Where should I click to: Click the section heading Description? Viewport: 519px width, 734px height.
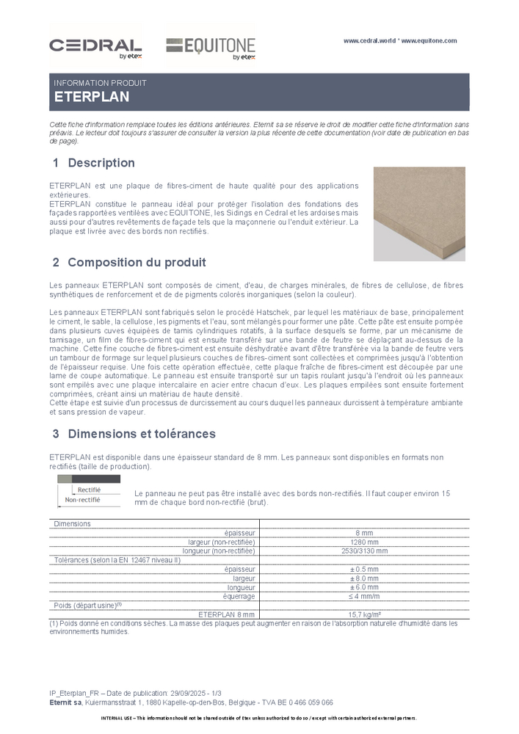point(101,162)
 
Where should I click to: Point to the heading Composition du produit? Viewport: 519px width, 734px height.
point(137,262)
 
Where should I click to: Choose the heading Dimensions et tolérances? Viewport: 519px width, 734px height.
point(142,433)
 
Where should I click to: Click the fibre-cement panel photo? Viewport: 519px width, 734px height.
point(419,213)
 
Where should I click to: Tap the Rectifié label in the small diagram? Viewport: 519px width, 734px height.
point(89,489)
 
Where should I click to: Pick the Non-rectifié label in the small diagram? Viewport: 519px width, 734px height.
point(82,500)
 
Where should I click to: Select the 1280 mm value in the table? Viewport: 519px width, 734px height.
point(364,542)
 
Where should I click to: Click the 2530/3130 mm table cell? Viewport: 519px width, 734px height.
point(364,550)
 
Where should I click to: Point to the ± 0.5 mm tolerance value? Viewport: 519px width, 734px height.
point(364,569)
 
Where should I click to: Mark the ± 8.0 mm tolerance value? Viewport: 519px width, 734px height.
point(364,578)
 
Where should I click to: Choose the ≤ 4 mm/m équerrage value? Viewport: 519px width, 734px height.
point(364,596)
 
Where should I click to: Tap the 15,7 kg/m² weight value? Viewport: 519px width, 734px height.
point(364,614)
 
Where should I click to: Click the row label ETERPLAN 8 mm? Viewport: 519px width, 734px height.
point(227,614)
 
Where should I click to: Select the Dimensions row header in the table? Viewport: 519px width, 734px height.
point(73,524)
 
